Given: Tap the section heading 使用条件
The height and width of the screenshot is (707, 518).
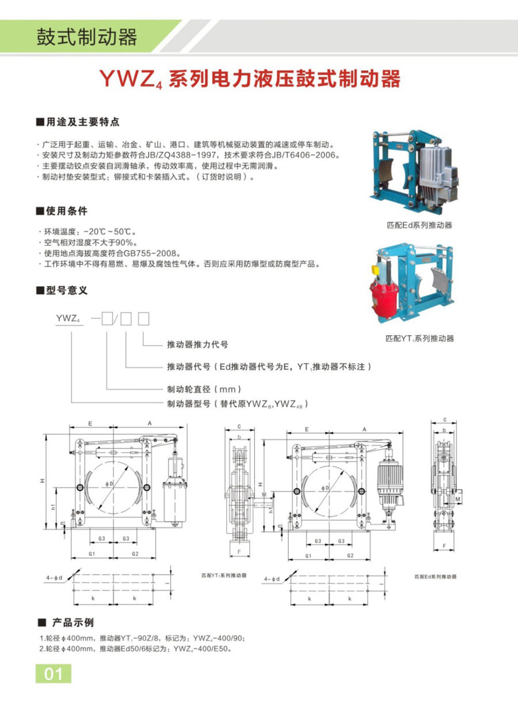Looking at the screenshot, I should [67, 211].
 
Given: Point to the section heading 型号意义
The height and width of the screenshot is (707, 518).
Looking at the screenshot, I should [67, 291].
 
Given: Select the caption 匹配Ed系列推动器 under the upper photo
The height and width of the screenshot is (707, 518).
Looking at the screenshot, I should [419, 225].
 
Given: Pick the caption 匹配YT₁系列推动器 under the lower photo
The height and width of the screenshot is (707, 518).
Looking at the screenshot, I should [419, 338].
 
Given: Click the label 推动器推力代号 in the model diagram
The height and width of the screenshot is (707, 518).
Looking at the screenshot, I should [197, 344].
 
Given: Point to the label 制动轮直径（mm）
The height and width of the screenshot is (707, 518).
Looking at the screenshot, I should [200, 388].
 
